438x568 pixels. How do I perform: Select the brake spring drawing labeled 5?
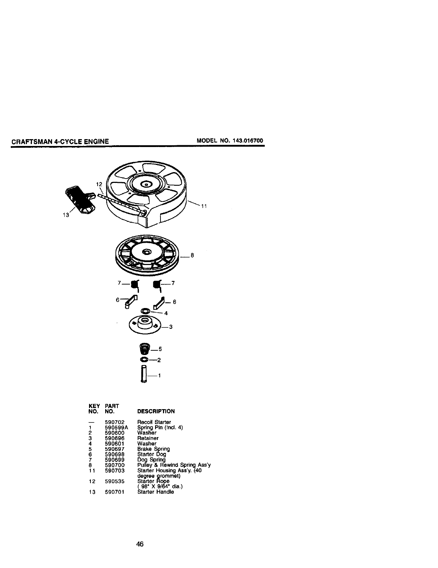144,348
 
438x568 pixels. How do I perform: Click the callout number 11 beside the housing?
204,206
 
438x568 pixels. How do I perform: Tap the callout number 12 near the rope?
99,184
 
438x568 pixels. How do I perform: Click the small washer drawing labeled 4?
145,310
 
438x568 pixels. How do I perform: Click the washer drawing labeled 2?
144,360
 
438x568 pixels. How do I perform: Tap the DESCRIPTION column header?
156,411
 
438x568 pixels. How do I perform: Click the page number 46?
140,544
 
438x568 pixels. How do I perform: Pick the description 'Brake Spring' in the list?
154,449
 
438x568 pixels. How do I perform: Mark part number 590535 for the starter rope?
115,481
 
